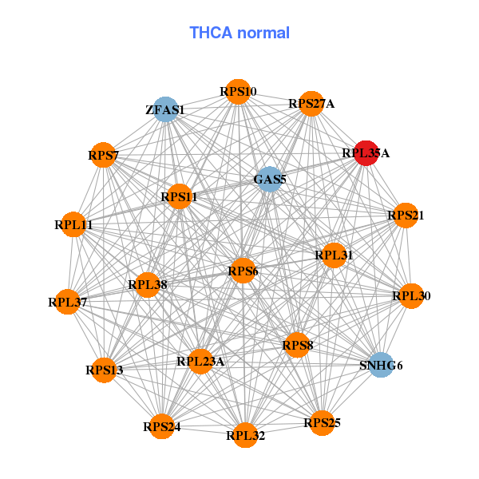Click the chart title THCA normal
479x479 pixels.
coord(239,33)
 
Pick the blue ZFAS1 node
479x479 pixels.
coord(165,109)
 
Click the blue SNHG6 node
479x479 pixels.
coord(382,366)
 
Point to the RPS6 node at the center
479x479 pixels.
coord(243,271)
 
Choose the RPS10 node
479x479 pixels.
coord(238,92)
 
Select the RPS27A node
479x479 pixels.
coord(311,104)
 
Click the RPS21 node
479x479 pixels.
coord(406,216)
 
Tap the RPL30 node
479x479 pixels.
coord(411,296)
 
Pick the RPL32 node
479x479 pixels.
coord(245,435)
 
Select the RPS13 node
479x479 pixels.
coord(105,370)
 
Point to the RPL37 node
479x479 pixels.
coord(68,302)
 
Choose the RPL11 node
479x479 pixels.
coord(74,225)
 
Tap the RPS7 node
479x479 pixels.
coord(104,155)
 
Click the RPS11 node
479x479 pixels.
coord(179,196)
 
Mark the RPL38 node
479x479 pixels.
coord(147,283)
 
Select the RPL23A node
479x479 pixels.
coord(200,362)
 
